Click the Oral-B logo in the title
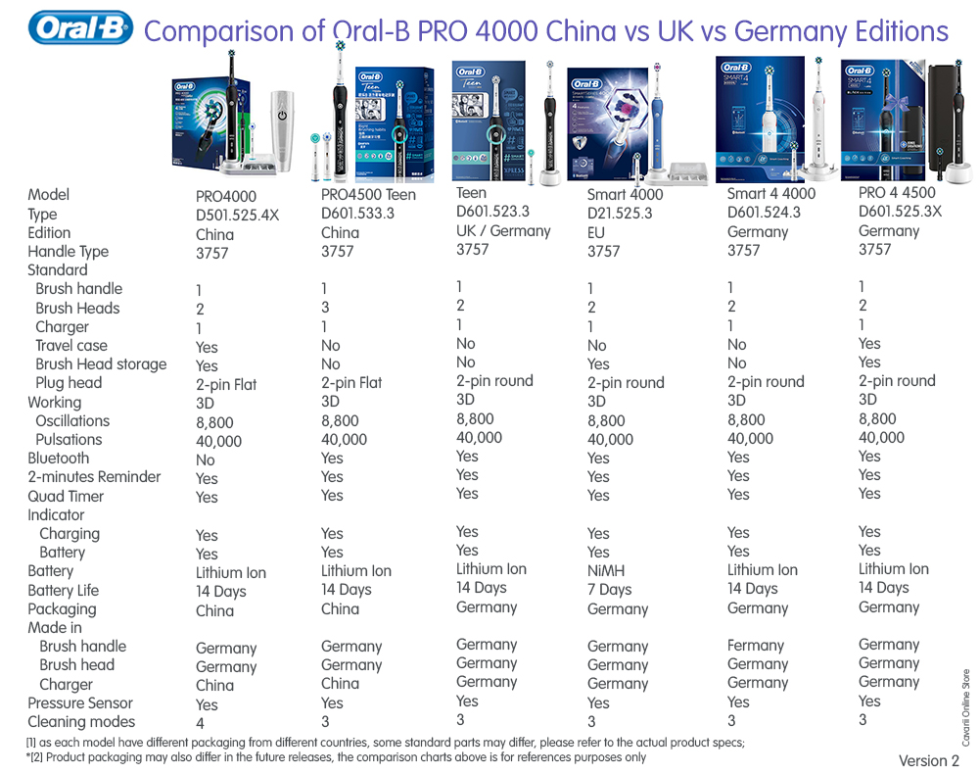[80, 28]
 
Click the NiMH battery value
[606, 570]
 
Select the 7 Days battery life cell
[609, 589]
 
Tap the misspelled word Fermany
[756, 646]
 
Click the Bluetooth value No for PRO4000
[206, 460]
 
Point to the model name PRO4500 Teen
[368, 194]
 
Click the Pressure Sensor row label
[80, 702]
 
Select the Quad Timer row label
[66, 496]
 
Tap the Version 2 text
[929, 761]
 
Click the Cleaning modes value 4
[200, 723]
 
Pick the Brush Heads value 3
[326, 308]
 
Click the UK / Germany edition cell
[503, 230]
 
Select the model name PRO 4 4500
[897, 193]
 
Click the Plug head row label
[69, 382]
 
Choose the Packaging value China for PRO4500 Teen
[340, 608]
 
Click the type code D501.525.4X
[238, 215]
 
